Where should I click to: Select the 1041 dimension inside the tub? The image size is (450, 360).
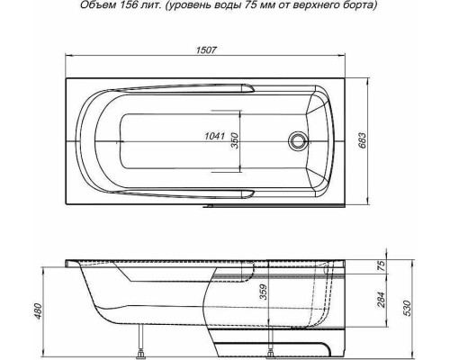click(x=216, y=136)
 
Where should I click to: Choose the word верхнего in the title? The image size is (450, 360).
click(x=327, y=7)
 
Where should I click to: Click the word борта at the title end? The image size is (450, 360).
click(x=372, y=7)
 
